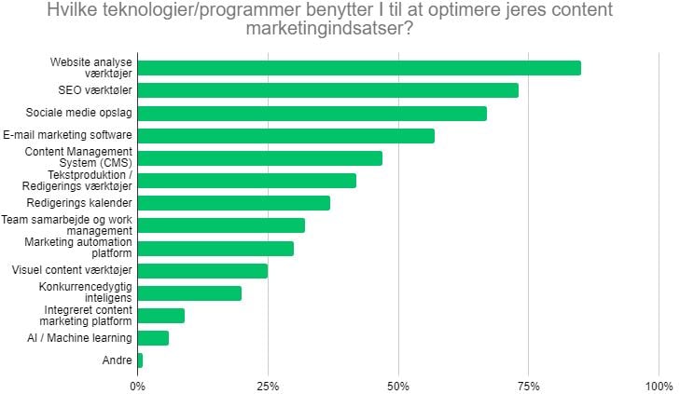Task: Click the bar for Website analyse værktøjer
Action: (359, 68)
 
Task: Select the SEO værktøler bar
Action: (328, 90)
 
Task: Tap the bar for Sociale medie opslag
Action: (312, 113)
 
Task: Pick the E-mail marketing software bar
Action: (286, 136)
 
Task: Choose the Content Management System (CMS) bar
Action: (260, 158)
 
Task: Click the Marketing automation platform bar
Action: (215, 249)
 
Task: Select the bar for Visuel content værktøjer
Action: (202, 271)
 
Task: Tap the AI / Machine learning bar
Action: (153, 338)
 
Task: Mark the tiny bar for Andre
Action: (140, 360)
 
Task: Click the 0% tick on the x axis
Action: (138, 385)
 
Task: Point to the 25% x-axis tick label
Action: (268, 385)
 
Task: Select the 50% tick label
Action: (398, 385)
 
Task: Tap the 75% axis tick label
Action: (528, 385)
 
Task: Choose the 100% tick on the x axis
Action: (659, 385)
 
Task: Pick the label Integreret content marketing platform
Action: (88, 316)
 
